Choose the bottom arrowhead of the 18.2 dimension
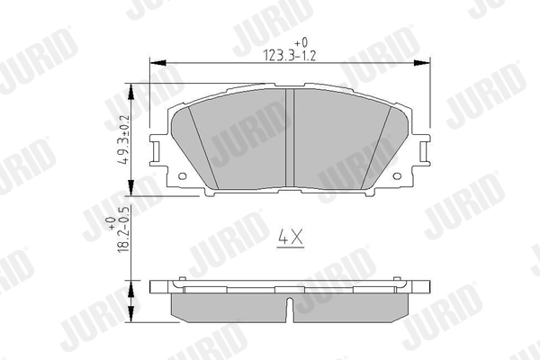click(133, 321)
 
